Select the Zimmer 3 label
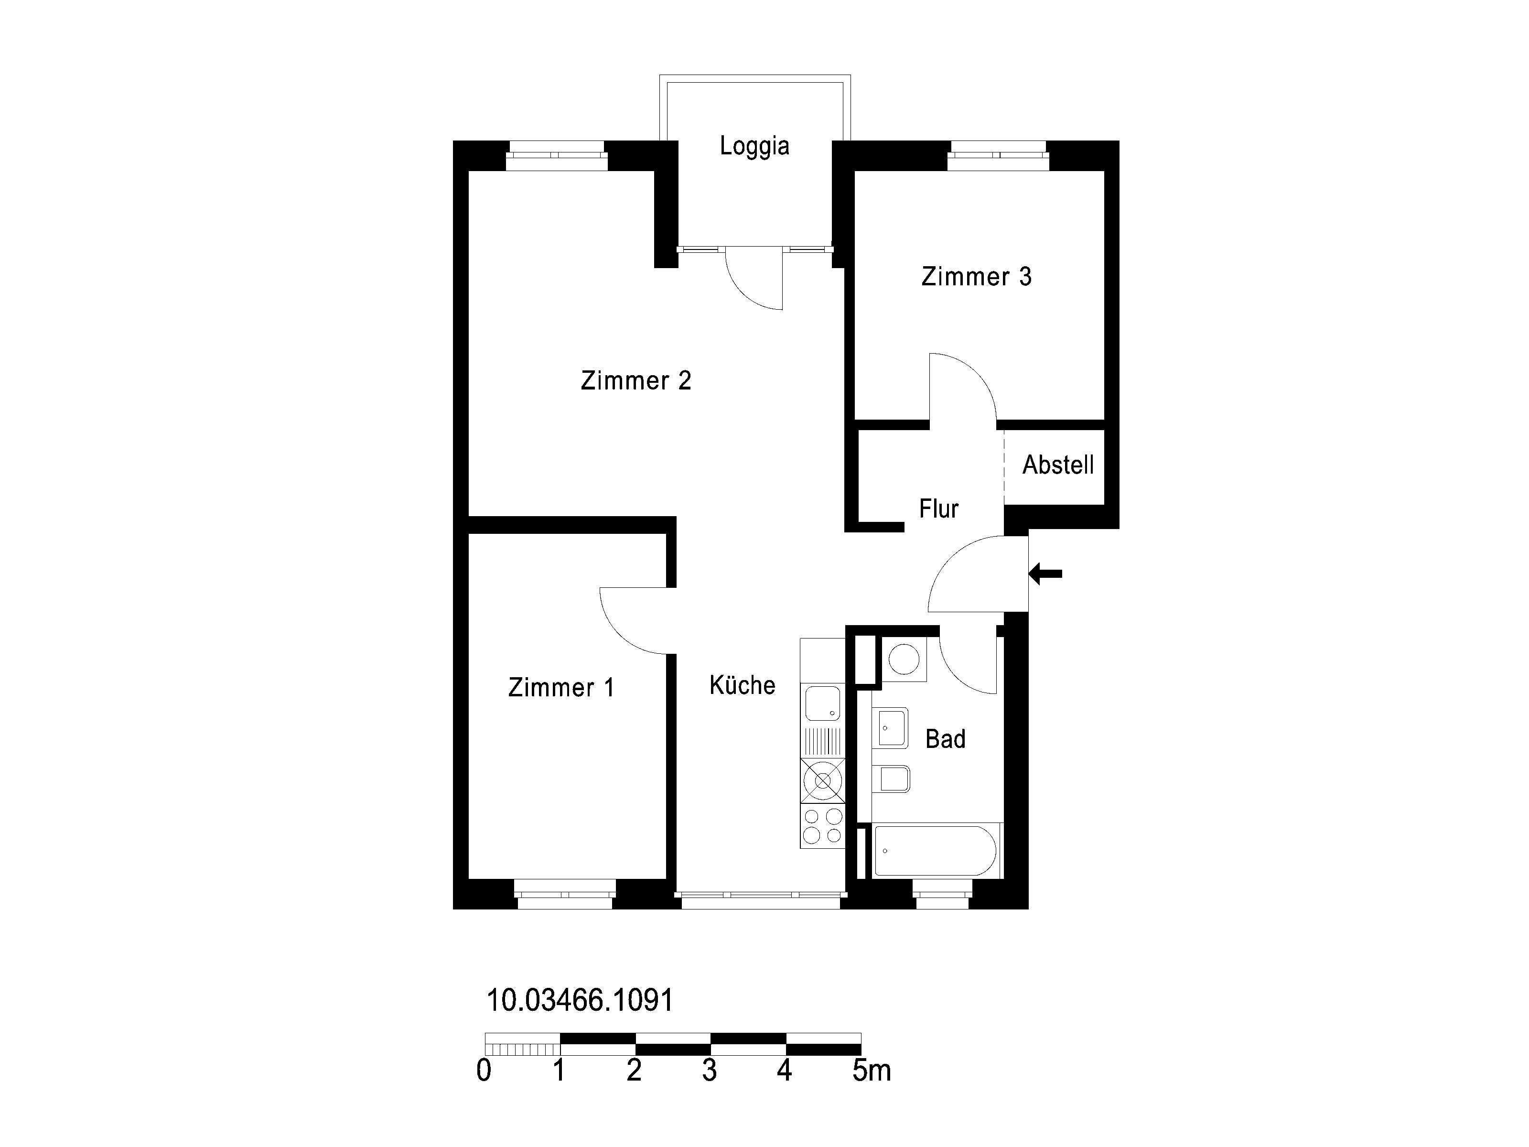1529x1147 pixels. coord(976,277)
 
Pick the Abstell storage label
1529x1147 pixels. coord(1057,465)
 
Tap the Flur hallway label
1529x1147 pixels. coord(939,509)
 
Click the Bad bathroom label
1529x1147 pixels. coord(945,739)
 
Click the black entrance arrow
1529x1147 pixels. coord(1045,573)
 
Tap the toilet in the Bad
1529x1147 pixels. coord(892,779)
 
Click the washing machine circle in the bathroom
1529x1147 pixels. coord(904,660)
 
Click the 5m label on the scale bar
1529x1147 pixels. coord(872,1070)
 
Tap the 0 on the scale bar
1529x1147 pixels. coord(484,1070)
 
